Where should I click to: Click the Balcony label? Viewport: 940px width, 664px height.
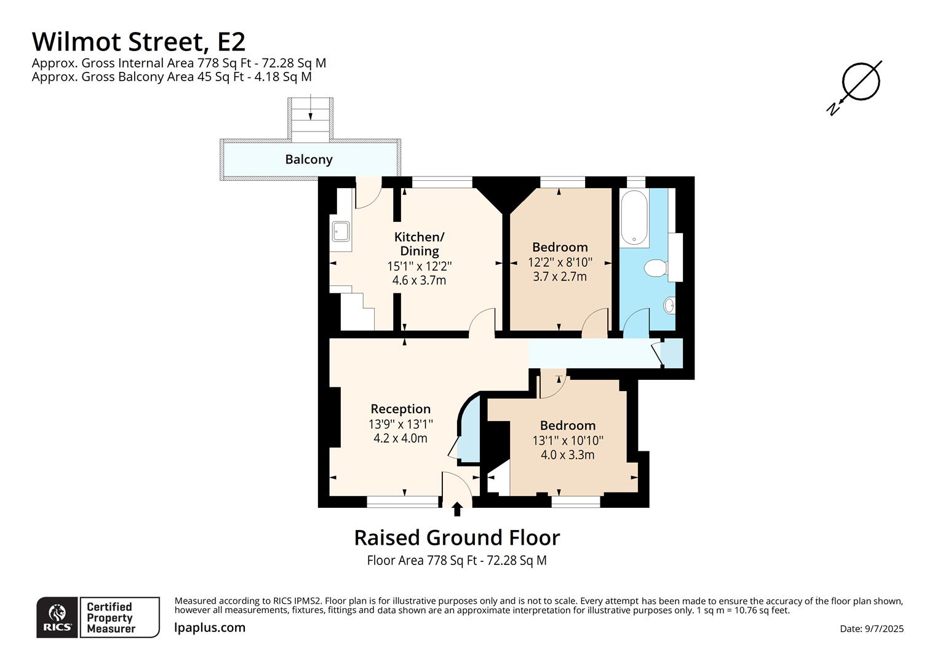308,159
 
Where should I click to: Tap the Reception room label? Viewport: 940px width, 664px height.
400,409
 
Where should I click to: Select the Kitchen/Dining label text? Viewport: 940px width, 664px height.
419,243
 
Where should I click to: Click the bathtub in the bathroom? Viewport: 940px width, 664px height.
634,217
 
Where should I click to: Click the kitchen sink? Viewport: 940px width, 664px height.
341,232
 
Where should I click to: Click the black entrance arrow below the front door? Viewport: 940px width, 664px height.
457,509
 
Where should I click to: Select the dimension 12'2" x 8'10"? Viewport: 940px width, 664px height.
560,262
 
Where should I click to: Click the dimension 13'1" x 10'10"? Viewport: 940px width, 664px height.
568,440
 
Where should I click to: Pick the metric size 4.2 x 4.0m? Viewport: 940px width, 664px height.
400,438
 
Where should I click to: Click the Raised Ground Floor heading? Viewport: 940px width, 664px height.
457,538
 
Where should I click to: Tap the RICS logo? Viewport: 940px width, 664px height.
57,617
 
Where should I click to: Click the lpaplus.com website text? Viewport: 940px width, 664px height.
209,628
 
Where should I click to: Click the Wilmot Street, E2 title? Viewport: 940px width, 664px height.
138,42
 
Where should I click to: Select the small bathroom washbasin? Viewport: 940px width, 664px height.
669,306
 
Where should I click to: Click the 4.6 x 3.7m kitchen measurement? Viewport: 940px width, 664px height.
419,280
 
